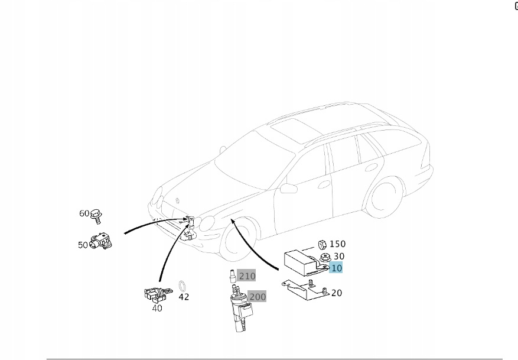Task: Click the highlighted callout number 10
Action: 336,268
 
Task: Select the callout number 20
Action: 336,293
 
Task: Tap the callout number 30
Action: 339,256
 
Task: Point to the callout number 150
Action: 337,244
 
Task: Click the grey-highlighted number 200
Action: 258,297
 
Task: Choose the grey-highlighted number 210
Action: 247,276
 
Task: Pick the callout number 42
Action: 184,297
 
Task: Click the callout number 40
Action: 157,308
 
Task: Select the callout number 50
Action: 83,245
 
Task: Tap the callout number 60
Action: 84,213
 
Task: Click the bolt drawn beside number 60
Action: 96,216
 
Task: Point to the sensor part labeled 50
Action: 101,241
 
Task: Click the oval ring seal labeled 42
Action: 182,286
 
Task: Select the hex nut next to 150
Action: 322,245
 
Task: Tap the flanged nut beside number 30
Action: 324,257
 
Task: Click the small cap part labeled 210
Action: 233,276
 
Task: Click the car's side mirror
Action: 288,189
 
